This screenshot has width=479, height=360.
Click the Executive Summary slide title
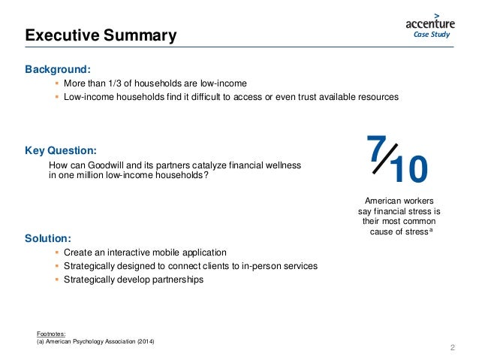(101, 35)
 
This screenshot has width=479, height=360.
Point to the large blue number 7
(378, 150)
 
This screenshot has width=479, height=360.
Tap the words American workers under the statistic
(398, 201)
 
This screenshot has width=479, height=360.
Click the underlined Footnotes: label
(51, 333)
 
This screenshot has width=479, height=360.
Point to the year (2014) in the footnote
(146, 340)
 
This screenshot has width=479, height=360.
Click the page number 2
(453, 347)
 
